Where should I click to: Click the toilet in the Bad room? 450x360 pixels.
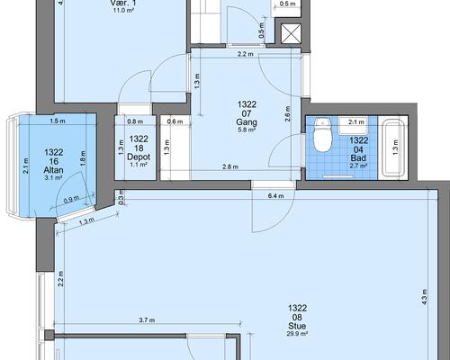[322, 135]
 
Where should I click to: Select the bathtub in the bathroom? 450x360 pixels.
[394, 148]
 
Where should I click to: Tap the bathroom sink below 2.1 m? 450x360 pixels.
[353, 126]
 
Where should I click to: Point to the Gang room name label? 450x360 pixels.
[247, 122]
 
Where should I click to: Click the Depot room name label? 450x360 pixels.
[139, 157]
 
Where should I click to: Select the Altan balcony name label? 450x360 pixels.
[53, 170]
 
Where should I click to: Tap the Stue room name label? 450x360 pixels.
[297, 326]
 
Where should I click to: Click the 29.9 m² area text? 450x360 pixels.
[297, 333]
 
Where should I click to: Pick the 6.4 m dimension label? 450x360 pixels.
[275, 196]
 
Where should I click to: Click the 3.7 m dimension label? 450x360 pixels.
[147, 320]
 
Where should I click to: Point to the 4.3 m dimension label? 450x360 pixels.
[424, 297]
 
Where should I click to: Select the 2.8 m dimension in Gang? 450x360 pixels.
[230, 166]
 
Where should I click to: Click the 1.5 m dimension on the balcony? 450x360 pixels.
[58, 121]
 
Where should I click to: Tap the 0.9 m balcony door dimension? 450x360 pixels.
[71, 200]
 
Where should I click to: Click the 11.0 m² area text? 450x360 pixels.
[121, 11]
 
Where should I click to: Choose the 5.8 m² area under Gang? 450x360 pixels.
[247, 130]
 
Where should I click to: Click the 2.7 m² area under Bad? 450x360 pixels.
[358, 166]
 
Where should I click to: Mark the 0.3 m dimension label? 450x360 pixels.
[121, 197]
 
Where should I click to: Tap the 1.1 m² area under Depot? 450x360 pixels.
[139, 165]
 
